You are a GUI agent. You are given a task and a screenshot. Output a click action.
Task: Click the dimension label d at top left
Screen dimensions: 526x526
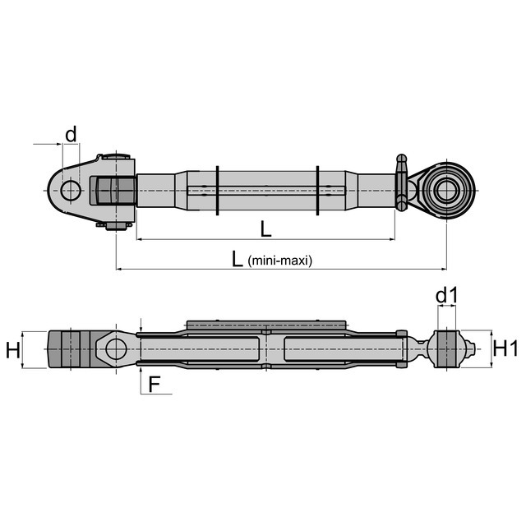pyautogui.click(x=71, y=134)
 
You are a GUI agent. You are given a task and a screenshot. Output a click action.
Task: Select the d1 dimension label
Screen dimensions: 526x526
pyautogui.click(x=446, y=296)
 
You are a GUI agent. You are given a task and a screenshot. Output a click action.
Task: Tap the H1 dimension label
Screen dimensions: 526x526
pyautogui.click(x=505, y=349)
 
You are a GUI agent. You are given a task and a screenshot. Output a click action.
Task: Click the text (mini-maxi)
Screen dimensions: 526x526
pyautogui.click(x=280, y=261)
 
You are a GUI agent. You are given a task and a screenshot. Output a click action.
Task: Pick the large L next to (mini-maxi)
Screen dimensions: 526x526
pyautogui.click(x=238, y=259)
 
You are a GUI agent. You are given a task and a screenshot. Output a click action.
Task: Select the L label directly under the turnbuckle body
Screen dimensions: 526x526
pyautogui.click(x=265, y=229)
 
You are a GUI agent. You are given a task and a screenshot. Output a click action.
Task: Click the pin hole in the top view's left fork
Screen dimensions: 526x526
pyautogui.click(x=71, y=190)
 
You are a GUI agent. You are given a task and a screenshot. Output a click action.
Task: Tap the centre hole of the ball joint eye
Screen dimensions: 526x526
pyautogui.click(x=446, y=190)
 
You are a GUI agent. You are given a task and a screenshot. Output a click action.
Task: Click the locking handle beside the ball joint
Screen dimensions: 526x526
pyautogui.click(x=401, y=182)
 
